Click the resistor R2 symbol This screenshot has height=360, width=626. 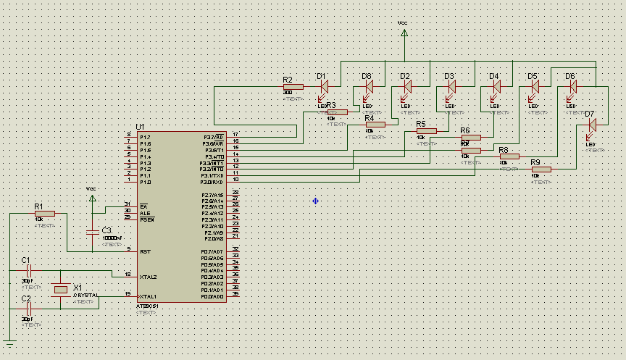point(293,87)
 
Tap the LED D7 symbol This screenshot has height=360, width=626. point(592,125)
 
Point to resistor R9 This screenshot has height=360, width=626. point(541,169)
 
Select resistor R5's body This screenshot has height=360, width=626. point(426,131)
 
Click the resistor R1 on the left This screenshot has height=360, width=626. point(44,214)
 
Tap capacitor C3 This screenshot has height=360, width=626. point(91,232)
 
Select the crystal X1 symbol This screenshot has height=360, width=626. point(61,290)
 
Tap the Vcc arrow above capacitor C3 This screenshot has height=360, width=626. point(91,196)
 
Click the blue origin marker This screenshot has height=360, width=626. point(316,201)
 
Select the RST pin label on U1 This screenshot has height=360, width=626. point(145,251)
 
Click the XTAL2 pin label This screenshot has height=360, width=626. point(148,277)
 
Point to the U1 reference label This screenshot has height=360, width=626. point(140,126)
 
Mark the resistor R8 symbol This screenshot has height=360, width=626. point(509,156)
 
